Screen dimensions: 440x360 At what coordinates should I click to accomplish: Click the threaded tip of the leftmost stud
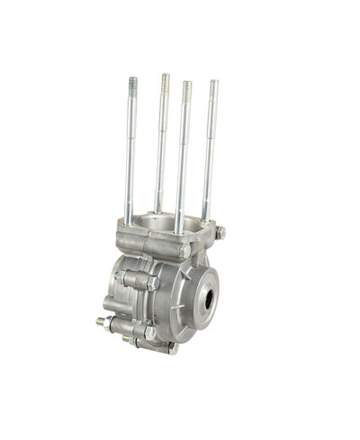132,83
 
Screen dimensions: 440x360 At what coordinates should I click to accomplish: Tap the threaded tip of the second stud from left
165,80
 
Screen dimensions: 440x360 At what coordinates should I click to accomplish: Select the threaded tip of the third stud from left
187,87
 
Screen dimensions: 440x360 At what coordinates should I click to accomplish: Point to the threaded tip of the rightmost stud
214,86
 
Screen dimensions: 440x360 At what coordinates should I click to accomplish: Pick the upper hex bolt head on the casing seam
152,282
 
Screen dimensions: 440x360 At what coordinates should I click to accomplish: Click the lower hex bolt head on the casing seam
149,333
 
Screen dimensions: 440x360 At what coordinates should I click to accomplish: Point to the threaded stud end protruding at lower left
98,320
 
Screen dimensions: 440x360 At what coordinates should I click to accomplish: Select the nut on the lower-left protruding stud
109,323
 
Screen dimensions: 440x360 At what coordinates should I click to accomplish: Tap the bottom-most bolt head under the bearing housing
172,348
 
